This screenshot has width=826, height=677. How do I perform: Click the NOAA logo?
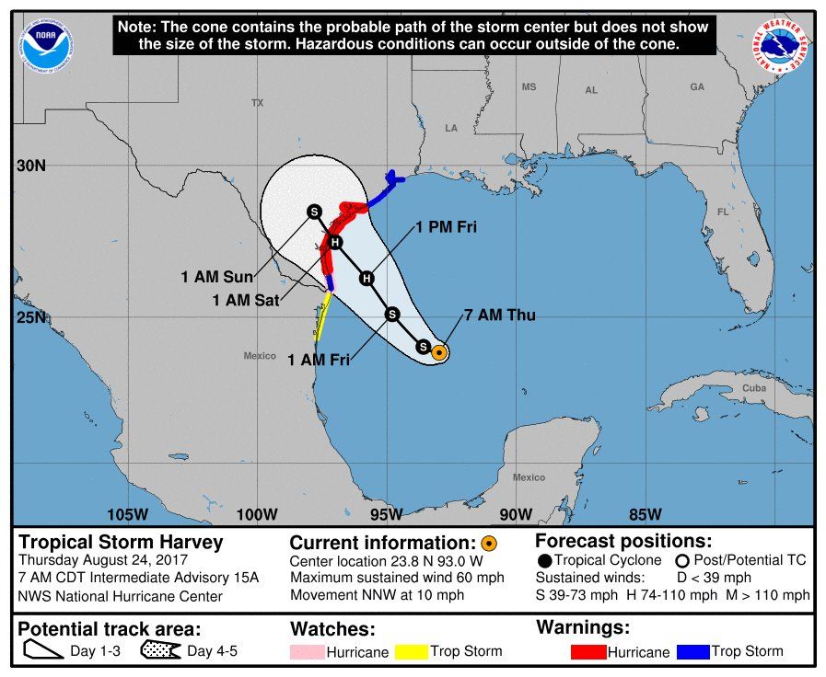click(x=47, y=41)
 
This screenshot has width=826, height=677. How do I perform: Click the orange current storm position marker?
click(x=439, y=351)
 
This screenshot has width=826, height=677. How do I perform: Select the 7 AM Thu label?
click(x=500, y=316)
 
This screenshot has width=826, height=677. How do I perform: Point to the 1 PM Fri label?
click(x=445, y=227)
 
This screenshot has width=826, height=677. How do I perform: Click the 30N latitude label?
click(x=31, y=166)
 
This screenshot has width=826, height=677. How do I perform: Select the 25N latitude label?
click(x=31, y=318)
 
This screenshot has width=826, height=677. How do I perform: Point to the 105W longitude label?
click(x=126, y=513)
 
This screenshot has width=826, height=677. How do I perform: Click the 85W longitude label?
click(x=645, y=513)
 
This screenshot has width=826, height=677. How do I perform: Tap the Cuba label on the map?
click(x=754, y=388)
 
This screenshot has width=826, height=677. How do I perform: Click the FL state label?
click(x=724, y=212)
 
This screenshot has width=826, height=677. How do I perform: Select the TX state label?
click(x=257, y=103)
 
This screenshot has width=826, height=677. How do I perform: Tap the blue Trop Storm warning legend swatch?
click(x=692, y=652)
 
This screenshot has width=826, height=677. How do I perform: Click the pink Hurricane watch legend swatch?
click(x=308, y=652)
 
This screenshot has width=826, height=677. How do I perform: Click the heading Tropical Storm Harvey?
click(x=122, y=542)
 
